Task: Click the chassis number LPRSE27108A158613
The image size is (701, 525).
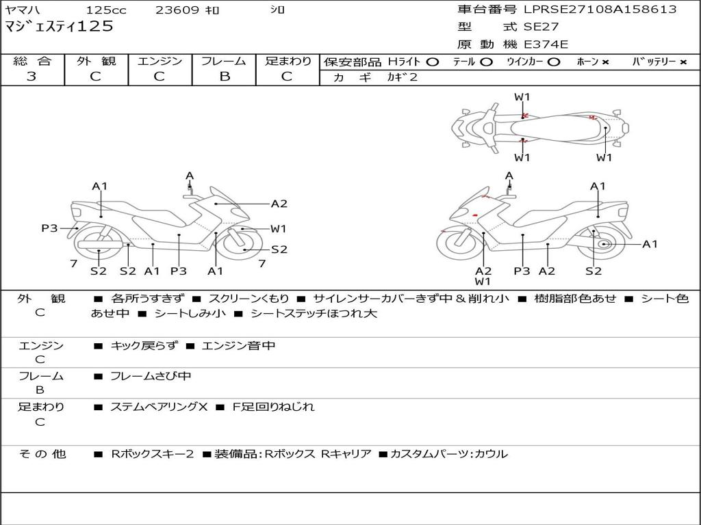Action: point(600,10)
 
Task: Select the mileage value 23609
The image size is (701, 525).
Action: point(177,10)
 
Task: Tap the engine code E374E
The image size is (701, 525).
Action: point(546,45)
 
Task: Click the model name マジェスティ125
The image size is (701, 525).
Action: point(59,27)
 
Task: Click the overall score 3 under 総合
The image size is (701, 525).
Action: point(31,77)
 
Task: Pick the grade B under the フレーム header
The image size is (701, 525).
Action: point(224,77)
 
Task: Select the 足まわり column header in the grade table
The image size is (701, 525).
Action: point(288,62)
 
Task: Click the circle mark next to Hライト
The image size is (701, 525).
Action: point(432,62)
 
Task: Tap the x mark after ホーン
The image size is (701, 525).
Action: point(605,62)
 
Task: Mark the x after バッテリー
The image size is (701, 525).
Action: point(683,62)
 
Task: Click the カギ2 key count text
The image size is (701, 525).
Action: point(402,77)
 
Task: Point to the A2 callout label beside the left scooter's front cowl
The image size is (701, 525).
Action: point(279,203)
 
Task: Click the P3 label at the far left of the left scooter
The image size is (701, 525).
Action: point(49,228)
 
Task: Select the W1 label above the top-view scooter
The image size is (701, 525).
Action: point(522,97)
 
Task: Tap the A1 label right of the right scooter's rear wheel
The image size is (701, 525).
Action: point(649,244)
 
